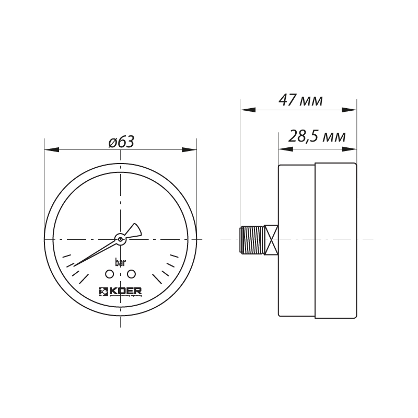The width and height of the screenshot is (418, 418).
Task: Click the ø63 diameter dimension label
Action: pyautogui.click(x=121, y=141)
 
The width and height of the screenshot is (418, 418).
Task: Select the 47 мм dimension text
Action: pyautogui.click(x=300, y=100)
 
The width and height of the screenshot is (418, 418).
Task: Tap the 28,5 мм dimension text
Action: pyautogui.click(x=317, y=137)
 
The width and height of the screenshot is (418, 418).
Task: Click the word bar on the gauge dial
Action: pyautogui.click(x=120, y=262)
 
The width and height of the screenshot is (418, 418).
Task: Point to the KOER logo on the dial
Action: pyautogui.click(x=120, y=292)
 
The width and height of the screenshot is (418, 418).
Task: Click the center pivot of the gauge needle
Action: pyautogui.click(x=120, y=239)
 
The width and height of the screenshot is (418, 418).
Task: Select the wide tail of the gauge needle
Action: pyautogui.click(x=135, y=230)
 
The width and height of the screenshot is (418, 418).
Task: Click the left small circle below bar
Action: pyautogui.click(x=110, y=274)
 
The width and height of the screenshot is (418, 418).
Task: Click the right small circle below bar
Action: pyautogui.click(x=131, y=274)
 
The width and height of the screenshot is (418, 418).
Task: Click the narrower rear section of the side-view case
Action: pyautogui.click(x=296, y=240)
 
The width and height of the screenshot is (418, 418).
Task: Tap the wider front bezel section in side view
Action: pyautogui.click(x=335, y=240)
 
